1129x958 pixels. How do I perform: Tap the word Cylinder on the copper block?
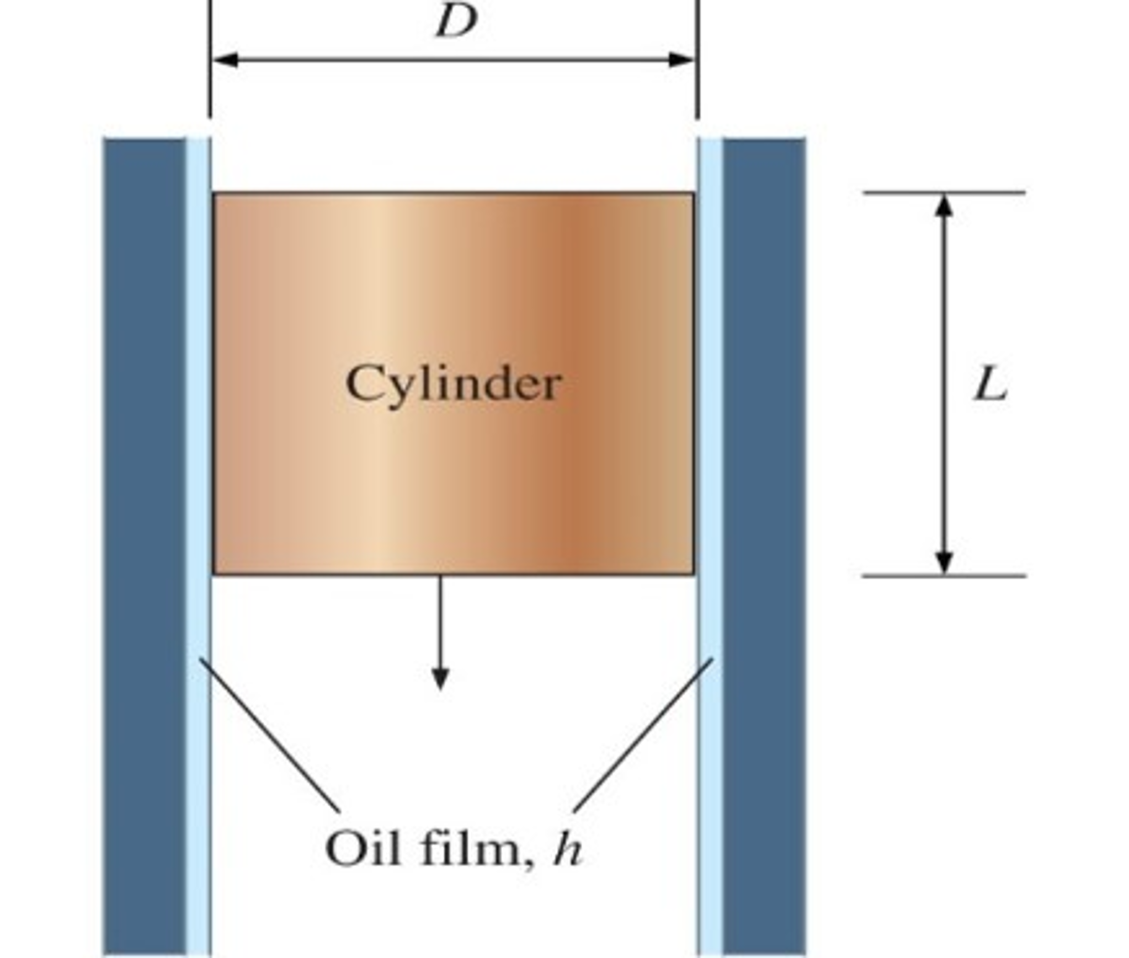pyautogui.click(x=453, y=384)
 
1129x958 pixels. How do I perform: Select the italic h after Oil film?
pyautogui.click(x=568, y=849)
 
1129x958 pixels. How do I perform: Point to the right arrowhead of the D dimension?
pyautogui.click(x=681, y=60)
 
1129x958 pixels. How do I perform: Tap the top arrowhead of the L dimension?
pyautogui.click(x=945, y=205)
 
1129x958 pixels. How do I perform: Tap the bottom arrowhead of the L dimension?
pyautogui.click(x=945, y=563)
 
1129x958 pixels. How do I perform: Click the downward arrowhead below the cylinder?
pyautogui.click(x=440, y=677)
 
